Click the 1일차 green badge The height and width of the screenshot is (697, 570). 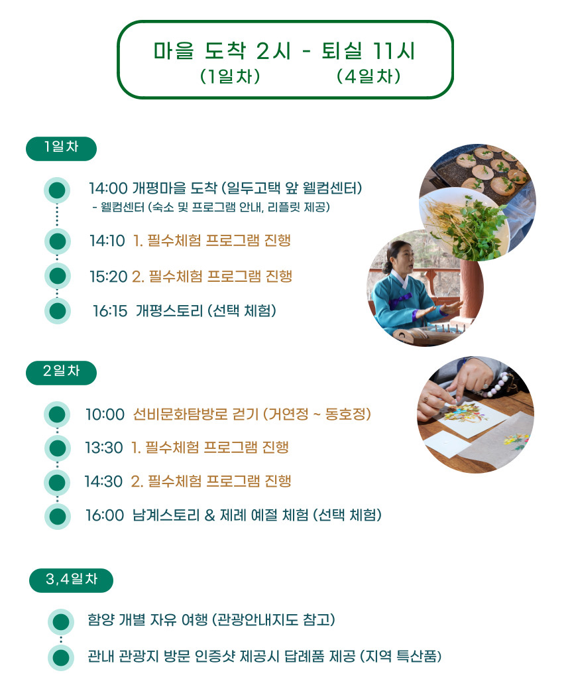[x=62, y=149]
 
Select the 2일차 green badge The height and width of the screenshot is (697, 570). [x=62, y=373]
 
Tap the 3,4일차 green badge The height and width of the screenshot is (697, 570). [x=71, y=580]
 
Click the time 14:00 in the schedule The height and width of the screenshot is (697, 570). [x=108, y=188]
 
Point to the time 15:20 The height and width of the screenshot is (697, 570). [x=109, y=277]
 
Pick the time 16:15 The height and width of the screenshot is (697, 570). [x=110, y=311]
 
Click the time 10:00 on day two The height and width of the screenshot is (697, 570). [x=105, y=414]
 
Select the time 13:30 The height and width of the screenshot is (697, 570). [x=104, y=448]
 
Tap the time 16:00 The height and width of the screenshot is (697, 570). [x=105, y=516]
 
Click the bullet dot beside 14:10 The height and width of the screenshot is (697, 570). [x=57, y=241]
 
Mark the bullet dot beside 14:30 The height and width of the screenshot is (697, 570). [x=57, y=482]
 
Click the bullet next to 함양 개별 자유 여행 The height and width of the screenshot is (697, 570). [x=61, y=621]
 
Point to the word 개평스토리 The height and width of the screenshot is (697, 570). [x=169, y=311]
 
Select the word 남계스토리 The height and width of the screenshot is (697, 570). [x=166, y=516]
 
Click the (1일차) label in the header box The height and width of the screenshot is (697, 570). [x=230, y=76]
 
